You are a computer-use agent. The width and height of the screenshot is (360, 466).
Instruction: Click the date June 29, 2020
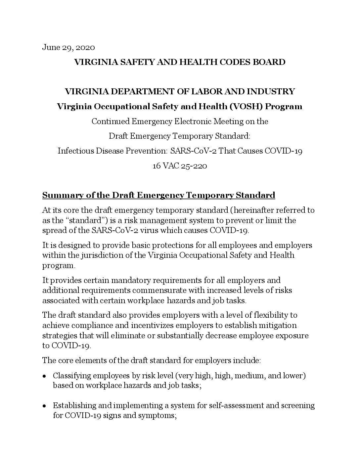(68, 48)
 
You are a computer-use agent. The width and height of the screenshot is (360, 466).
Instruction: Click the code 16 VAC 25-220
(180, 166)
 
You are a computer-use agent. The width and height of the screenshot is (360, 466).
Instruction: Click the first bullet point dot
(45, 377)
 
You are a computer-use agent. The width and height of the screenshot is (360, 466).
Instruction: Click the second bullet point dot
(45, 406)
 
